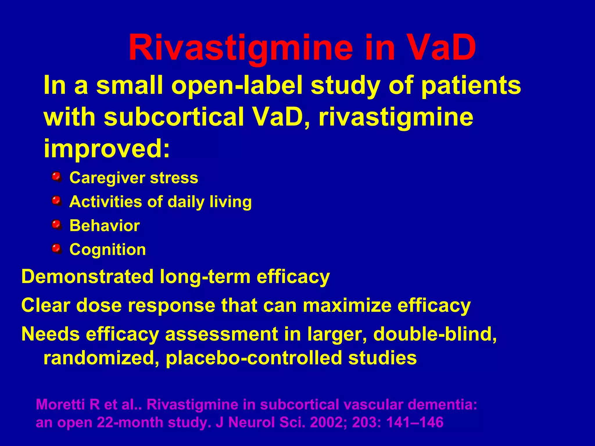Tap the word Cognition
click(108, 250)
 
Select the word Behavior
click(105, 226)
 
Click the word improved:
click(107, 148)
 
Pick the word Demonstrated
click(87, 276)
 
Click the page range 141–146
click(415, 422)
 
